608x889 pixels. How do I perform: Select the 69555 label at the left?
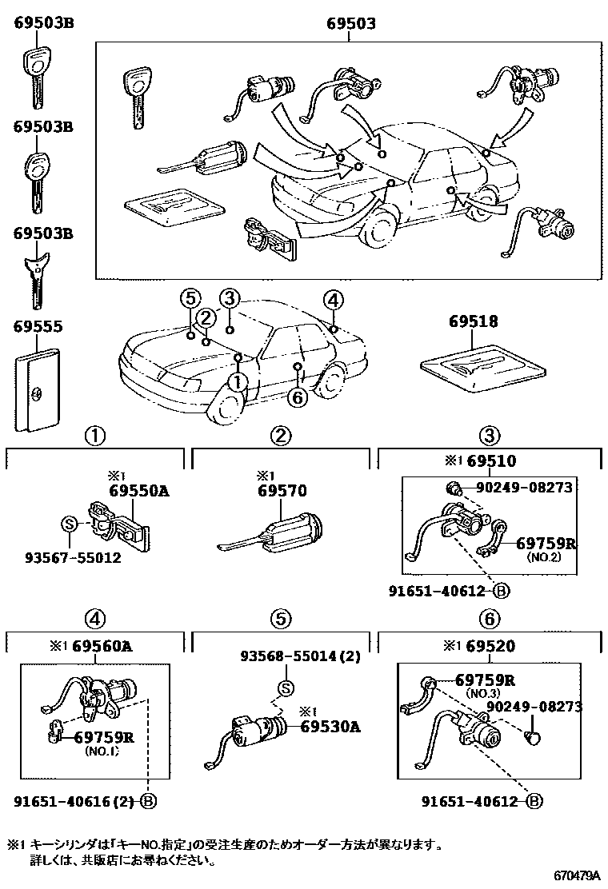click(x=38, y=327)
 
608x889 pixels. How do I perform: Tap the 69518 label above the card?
click(x=473, y=321)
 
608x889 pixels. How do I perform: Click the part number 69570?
click(x=282, y=490)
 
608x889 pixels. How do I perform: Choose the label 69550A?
click(x=138, y=490)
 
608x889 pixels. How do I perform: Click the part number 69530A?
click(x=330, y=726)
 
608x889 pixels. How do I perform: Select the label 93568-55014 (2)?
click(x=301, y=656)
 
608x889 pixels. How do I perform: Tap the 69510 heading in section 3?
click(x=492, y=461)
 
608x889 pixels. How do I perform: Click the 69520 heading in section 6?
click(x=492, y=646)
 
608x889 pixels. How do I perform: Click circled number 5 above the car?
click(x=189, y=299)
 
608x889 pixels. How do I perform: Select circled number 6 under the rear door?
click(x=297, y=397)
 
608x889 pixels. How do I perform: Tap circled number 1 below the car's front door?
click(x=238, y=382)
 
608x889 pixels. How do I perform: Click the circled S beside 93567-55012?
click(x=69, y=524)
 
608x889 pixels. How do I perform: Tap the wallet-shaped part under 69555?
click(x=38, y=388)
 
